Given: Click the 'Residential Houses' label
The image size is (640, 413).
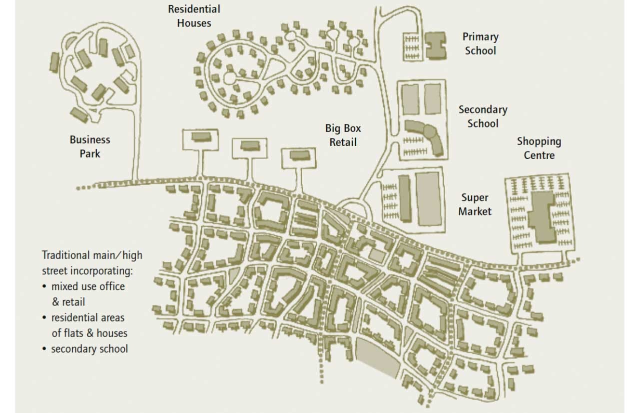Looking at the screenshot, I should [x=194, y=16].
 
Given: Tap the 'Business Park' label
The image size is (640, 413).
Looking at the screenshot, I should [x=90, y=146].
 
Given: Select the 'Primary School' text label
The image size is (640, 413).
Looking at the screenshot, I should [x=480, y=43].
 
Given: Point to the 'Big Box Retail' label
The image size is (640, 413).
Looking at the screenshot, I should [x=343, y=135].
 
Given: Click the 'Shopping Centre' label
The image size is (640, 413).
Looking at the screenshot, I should [x=539, y=148].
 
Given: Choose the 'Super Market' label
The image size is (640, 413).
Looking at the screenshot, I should [x=475, y=204].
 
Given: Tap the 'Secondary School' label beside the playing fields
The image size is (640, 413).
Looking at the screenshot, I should [x=483, y=116].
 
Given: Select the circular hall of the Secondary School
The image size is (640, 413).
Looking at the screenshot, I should [x=429, y=131].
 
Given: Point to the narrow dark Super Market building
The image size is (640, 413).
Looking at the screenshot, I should [x=404, y=199].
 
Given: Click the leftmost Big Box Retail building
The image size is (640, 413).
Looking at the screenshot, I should [x=200, y=136].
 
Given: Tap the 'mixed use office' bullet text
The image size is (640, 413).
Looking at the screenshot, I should [x=88, y=286].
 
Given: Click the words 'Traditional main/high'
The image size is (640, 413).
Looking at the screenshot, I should [x=92, y=255].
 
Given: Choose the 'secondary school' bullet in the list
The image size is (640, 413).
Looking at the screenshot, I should [x=89, y=348].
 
